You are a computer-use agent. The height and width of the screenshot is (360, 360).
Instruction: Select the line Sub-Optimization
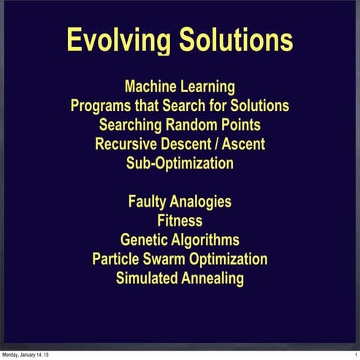(x=180, y=163)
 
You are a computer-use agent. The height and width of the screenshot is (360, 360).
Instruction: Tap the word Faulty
(x=149, y=201)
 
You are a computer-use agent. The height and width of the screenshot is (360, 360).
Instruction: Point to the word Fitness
(x=180, y=220)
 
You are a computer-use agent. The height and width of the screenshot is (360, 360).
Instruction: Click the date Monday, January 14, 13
(x=26, y=355)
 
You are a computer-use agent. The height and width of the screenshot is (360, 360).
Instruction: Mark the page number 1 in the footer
(x=354, y=355)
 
